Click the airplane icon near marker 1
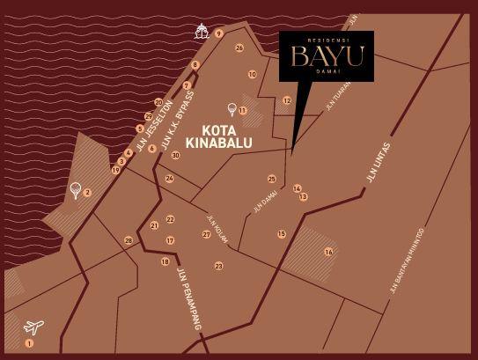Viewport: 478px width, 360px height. click(x=33, y=327)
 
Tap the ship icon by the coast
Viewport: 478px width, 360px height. click(x=202, y=32)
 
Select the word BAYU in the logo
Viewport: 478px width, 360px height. click(x=327, y=58)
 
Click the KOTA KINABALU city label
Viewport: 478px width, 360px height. click(x=218, y=136)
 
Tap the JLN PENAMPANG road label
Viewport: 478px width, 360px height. click(x=189, y=298)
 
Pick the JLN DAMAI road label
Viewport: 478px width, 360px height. click(x=265, y=202)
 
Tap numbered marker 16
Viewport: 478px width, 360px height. click(x=328, y=252)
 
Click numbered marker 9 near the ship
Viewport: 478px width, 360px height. click(x=219, y=33)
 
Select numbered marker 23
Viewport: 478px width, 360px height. click(x=218, y=266)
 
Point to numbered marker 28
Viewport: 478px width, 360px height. click(x=129, y=240)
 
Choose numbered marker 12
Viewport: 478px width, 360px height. click(x=287, y=101)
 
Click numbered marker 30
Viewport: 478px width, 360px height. click(x=176, y=155)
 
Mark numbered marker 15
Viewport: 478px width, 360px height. click(x=282, y=234)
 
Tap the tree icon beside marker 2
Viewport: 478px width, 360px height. click(x=76, y=189)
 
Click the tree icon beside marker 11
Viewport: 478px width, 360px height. click(x=232, y=109)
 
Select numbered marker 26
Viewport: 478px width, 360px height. click(x=239, y=48)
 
